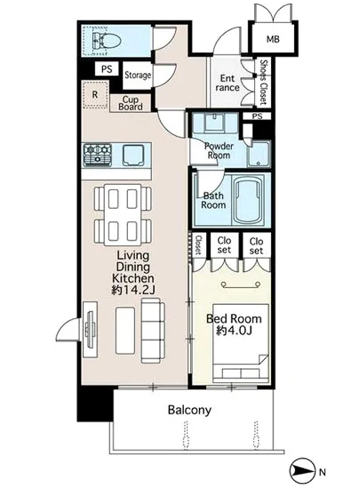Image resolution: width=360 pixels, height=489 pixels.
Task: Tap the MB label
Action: [273, 39]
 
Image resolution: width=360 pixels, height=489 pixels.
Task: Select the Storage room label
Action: [138, 75]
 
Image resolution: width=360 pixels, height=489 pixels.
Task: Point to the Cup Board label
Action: [131, 103]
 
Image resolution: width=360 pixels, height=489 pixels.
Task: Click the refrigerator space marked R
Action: [95, 94]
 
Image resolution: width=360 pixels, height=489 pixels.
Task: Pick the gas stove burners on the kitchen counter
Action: [98, 155]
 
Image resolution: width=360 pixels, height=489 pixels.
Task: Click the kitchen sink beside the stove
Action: [133, 155]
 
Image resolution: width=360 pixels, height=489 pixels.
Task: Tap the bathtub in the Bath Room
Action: [248, 200]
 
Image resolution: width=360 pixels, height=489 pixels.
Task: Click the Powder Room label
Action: [219, 150]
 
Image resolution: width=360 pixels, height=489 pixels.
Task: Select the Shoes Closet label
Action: [264, 82]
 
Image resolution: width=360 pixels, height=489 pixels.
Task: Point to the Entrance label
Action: [228, 83]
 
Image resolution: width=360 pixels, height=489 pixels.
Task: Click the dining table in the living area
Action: [123, 215]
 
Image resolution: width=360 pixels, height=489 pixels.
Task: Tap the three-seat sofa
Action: [153, 330]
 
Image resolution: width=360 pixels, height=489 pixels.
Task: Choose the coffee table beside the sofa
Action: [125, 331]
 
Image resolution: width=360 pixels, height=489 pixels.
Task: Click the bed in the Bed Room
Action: [241, 343]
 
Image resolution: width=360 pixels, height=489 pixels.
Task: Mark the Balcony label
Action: [189, 410]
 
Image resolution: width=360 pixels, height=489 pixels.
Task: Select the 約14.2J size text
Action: [133, 291]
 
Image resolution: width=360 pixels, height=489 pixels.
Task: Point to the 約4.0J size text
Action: [234, 330]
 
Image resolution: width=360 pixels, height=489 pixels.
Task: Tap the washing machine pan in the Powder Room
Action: [259, 155]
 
